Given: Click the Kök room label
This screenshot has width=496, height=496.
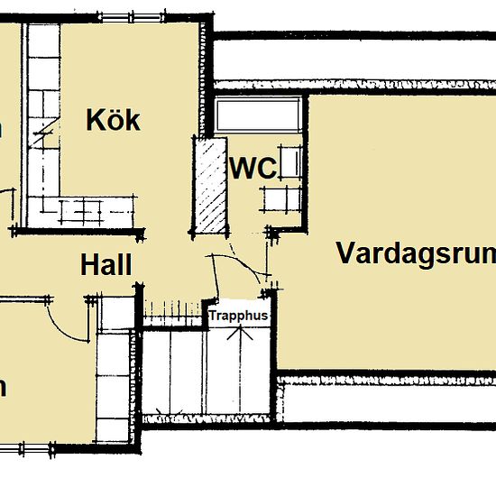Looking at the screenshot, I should click(x=114, y=120).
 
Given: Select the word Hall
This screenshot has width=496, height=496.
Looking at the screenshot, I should click(x=106, y=265).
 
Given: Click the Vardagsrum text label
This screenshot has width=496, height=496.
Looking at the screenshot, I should click(x=415, y=253).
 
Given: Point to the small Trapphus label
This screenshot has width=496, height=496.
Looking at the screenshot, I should click(x=238, y=317).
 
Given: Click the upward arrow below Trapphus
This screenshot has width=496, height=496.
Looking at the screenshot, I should click(x=239, y=332).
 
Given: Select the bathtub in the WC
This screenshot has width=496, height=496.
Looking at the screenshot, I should click(x=257, y=115).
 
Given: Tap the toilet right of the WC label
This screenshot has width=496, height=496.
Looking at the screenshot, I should click(x=291, y=165).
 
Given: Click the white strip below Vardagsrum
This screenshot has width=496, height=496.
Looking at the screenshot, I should click(x=388, y=401).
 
